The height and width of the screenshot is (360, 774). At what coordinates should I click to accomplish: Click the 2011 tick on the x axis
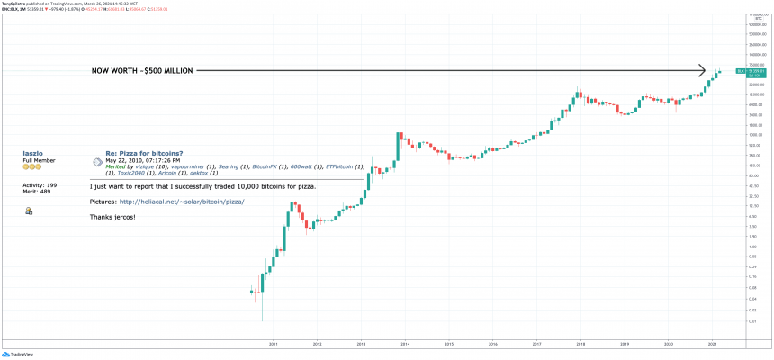[273, 343]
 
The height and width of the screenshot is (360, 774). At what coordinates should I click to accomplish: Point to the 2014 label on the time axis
[405, 343]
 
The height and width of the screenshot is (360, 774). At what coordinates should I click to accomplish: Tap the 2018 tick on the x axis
[580, 343]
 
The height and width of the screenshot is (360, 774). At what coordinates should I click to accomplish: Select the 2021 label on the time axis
[713, 343]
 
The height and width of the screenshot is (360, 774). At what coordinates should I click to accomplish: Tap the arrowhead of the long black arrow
[702, 69]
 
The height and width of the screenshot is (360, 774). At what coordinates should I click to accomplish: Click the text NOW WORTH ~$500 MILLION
[141, 70]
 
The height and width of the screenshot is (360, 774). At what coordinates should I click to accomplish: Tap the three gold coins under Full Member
[31, 168]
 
